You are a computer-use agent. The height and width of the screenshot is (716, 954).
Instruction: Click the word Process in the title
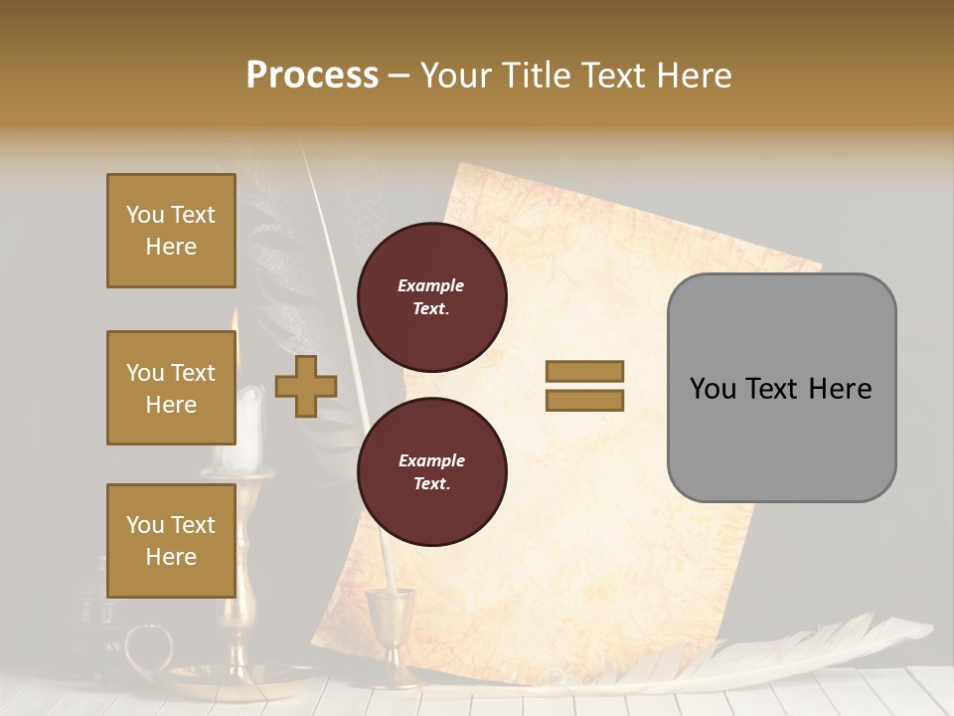point(312,76)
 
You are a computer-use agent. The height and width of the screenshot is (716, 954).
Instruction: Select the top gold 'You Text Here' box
point(171,231)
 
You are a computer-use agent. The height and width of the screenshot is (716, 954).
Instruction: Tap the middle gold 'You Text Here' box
point(171,388)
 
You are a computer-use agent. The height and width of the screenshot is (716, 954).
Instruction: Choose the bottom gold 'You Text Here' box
point(171,540)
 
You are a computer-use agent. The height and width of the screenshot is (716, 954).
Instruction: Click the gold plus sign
point(305,386)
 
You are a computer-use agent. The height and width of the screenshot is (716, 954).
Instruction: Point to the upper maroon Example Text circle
point(431,297)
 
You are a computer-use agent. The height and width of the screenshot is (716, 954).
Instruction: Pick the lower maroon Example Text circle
point(431,472)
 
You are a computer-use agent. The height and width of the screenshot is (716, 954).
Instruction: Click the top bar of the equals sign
point(584,372)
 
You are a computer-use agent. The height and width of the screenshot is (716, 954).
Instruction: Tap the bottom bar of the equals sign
point(584,401)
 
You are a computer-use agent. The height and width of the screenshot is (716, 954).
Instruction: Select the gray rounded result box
point(781,388)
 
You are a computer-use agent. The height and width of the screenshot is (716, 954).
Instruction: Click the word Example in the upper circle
point(431,285)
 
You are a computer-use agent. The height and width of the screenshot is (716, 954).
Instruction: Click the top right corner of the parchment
point(819,267)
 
